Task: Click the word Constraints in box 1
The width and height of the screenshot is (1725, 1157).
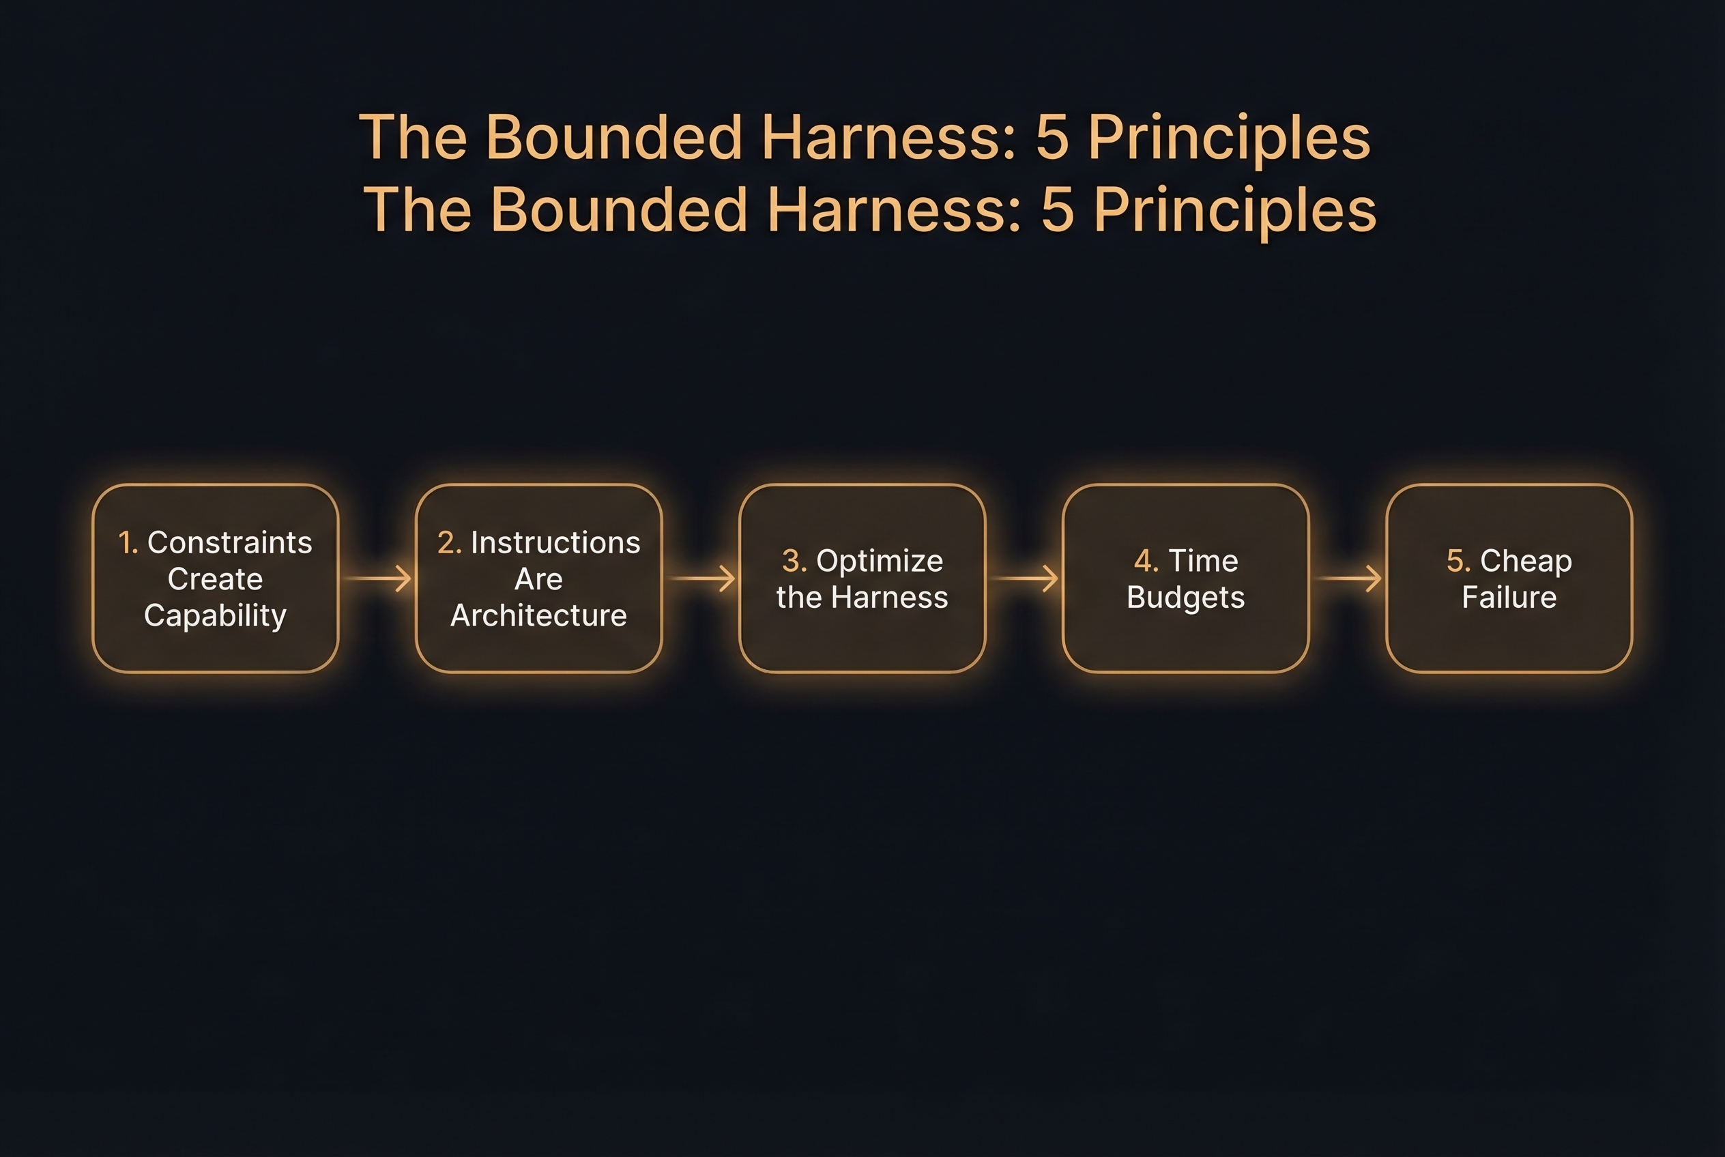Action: (229, 542)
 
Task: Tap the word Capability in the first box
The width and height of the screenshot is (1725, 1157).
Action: (215, 615)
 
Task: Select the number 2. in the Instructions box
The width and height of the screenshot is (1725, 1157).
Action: (449, 542)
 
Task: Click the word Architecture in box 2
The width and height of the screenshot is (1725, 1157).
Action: (538, 615)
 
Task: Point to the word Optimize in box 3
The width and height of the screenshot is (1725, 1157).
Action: (879, 561)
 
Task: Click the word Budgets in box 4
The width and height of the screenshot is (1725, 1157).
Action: (1185, 597)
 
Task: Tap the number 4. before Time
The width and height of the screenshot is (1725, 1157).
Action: (1146, 561)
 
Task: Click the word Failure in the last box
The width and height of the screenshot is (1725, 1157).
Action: (1509, 597)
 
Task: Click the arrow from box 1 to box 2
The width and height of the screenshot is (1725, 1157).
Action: (377, 578)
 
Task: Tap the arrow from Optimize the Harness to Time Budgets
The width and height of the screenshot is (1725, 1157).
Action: (1024, 578)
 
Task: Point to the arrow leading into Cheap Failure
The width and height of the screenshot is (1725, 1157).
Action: (1348, 578)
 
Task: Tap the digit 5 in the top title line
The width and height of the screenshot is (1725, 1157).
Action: (1052, 137)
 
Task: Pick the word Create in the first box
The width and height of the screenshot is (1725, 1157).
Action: (215, 579)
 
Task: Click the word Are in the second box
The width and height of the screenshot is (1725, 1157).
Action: (538, 579)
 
